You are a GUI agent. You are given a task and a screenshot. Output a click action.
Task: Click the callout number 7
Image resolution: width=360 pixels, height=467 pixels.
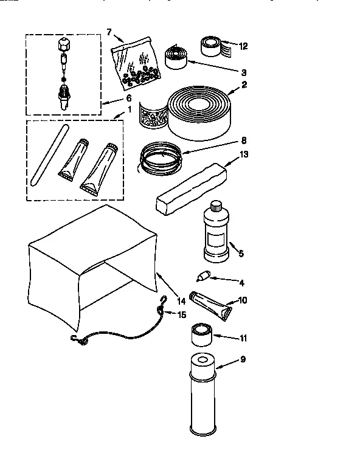pyautogui.click(x=109, y=32)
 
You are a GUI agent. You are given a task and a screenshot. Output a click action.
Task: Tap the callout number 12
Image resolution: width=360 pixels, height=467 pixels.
pyautogui.click(x=244, y=46)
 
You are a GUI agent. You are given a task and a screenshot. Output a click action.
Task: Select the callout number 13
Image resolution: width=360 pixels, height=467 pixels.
pyautogui.click(x=244, y=154)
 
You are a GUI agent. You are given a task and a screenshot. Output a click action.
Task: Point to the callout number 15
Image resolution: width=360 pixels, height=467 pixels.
pyautogui.click(x=181, y=314)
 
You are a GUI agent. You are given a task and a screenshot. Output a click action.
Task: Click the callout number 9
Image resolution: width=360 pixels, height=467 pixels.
pyautogui.click(x=243, y=359)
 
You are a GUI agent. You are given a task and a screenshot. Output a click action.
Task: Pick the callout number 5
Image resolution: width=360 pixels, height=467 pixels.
pyautogui.click(x=241, y=254)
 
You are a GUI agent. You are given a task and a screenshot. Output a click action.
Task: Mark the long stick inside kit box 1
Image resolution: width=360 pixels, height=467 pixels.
pyautogui.click(x=47, y=154)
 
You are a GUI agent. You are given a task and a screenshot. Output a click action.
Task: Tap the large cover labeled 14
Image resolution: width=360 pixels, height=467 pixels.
pyautogui.click(x=91, y=261)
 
